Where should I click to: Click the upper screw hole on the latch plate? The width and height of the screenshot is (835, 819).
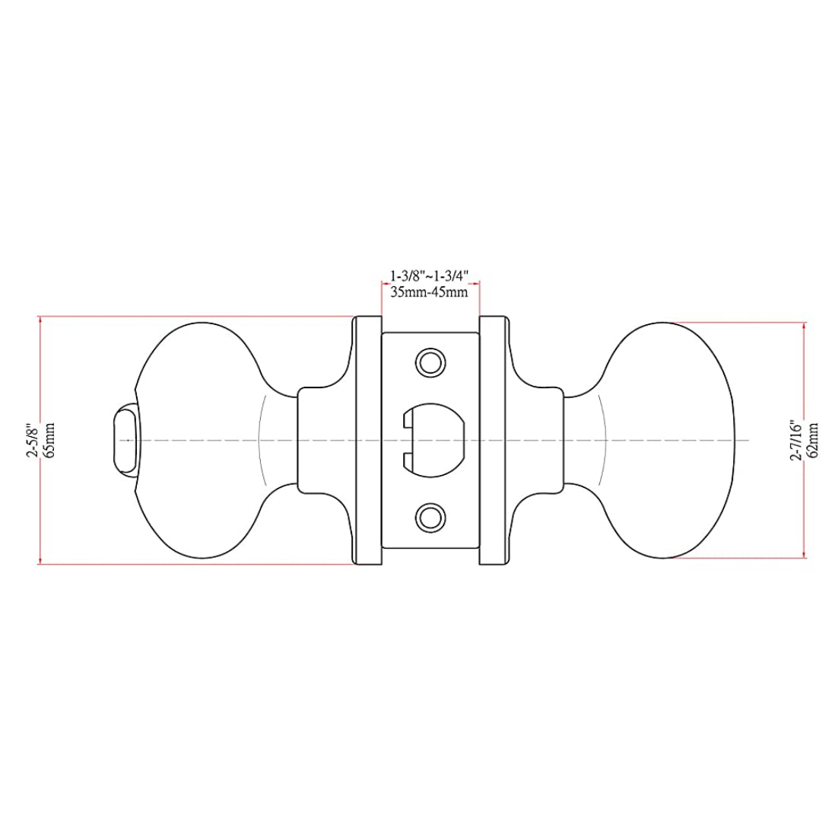coord(430,362)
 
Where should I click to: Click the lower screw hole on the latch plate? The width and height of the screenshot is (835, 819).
coord(430,518)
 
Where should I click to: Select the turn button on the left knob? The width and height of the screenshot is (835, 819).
coord(125,439)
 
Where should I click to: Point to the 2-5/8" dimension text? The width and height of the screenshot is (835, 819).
coord(32,439)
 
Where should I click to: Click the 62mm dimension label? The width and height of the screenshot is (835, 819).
coord(814,439)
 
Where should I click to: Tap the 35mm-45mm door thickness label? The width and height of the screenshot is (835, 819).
coord(429,292)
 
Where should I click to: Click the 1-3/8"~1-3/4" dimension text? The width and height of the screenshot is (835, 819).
coord(429,276)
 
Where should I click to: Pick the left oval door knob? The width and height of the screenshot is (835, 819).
coord(198,440)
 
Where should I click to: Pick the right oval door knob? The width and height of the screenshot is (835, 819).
coord(669,440)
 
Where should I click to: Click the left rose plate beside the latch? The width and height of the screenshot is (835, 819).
coord(368,440)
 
